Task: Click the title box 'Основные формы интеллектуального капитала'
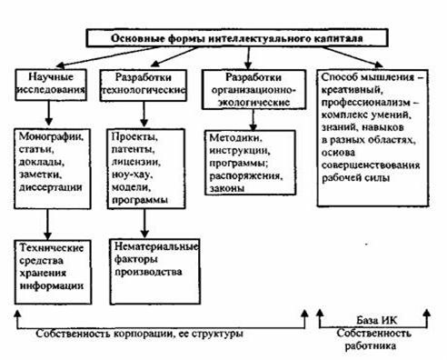click(x=237, y=38)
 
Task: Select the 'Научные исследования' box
click(x=51, y=85)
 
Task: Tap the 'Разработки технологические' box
click(x=144, y=85)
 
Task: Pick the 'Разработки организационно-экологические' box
click(x=253, y=89)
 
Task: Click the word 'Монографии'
click(x=52, y=136)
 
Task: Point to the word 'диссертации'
click(x=51, y=187)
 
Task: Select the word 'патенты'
click(x=134, y=149)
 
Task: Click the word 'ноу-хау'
click(x=133, y=175)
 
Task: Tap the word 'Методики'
click(x=236, y=138)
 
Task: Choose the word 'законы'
click(x=227, y=188)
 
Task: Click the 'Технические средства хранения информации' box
click(x=53, y=272)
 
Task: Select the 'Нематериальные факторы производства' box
click(x=154, y=272)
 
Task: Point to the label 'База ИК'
click(x=376, y=320)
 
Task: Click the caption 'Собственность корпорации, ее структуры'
click(x=139, y=334)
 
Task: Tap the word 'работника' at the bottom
click(x=371, y=346)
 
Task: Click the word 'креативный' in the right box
click(x=351, y=90)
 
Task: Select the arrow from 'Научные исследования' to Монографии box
click(x=48, y=113)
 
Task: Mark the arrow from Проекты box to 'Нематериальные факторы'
click(x=144, y=223)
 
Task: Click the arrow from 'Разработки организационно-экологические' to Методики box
click(x=253, y=120)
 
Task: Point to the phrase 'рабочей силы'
click(x=355, y=177)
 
